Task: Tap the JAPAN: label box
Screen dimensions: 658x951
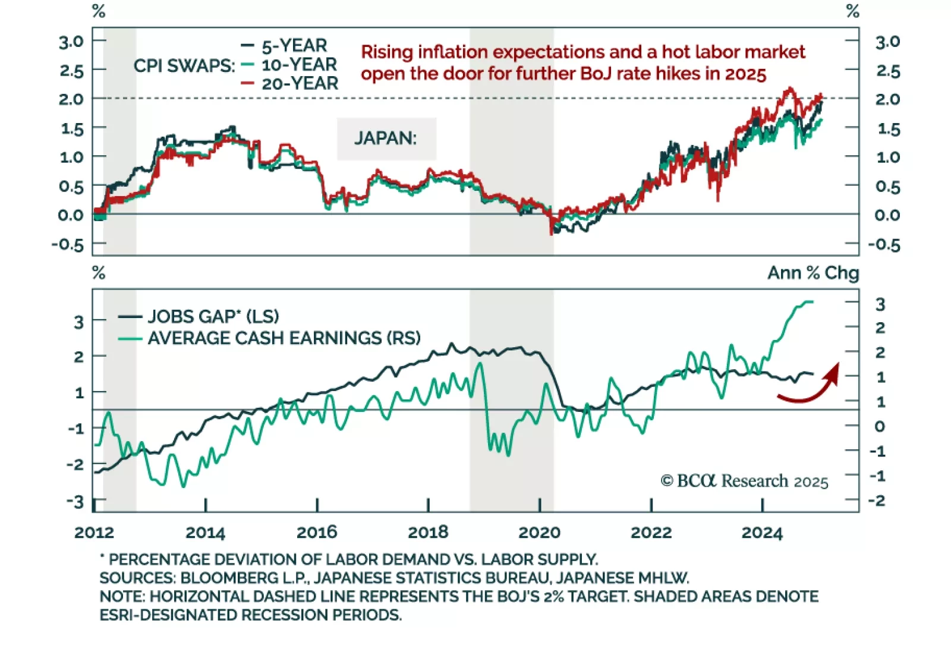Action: tap(386, 138)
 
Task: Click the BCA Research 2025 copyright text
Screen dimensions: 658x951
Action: tap(745, 481)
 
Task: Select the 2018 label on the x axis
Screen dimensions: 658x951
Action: tap(428, 533)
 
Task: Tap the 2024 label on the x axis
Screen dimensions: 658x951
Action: tap(762, 533)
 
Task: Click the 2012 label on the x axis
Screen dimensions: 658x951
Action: tap(94, 533)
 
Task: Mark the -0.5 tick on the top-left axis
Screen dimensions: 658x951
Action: tap(68, 244)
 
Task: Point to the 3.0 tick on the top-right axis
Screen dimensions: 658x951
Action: tap(887, 42)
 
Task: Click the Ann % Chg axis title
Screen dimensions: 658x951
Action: tap(813, 273)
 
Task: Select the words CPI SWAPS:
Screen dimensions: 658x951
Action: tap(184, 66)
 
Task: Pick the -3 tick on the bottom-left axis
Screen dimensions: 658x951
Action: tap(75, 502)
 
